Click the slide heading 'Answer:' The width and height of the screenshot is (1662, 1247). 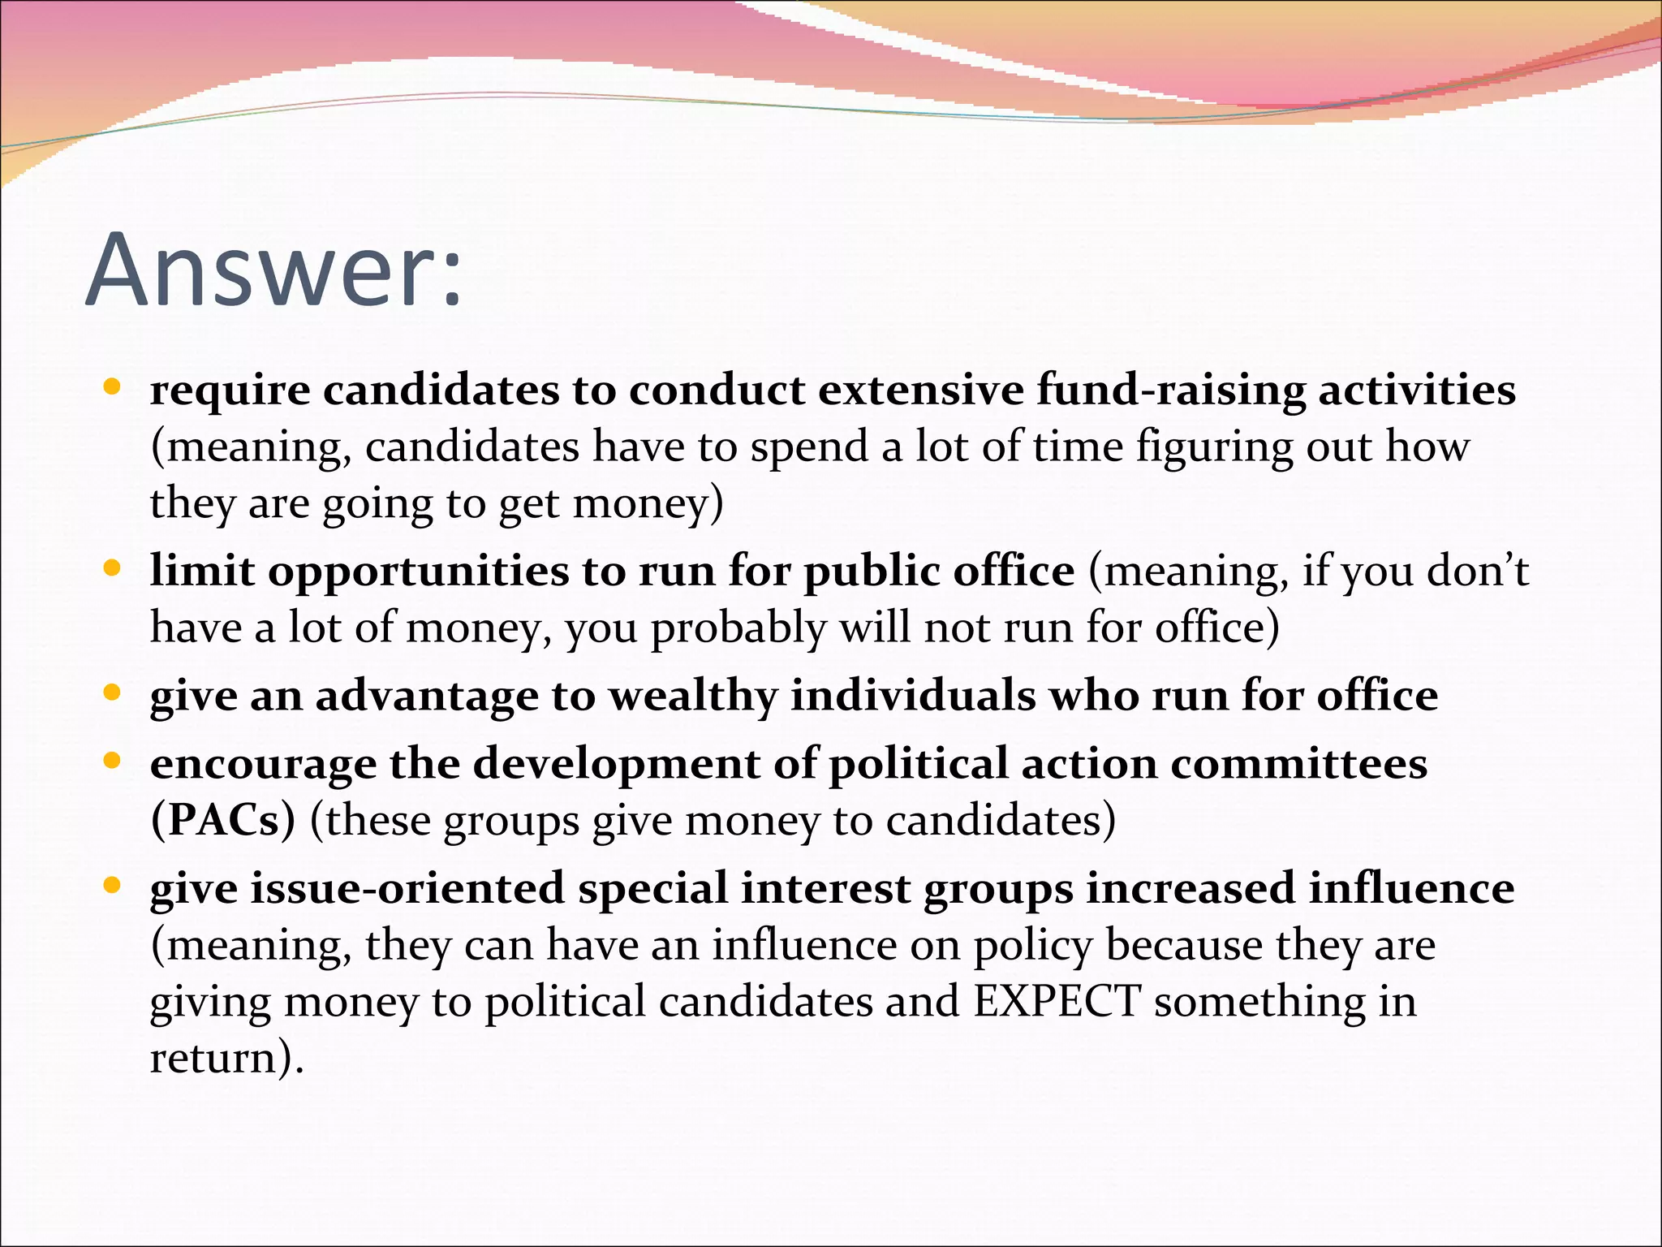point(273,270)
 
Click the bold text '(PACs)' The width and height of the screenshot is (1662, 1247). point(223,821)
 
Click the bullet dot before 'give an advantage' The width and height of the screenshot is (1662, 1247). point(113,692)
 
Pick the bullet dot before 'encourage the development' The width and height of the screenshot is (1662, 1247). point(113,760)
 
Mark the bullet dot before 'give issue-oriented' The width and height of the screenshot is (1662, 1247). point(113,884)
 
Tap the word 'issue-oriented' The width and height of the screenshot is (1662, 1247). point(407,888)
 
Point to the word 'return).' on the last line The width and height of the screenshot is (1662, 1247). point(226,1059)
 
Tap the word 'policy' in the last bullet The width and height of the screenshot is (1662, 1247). point(1032,947)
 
